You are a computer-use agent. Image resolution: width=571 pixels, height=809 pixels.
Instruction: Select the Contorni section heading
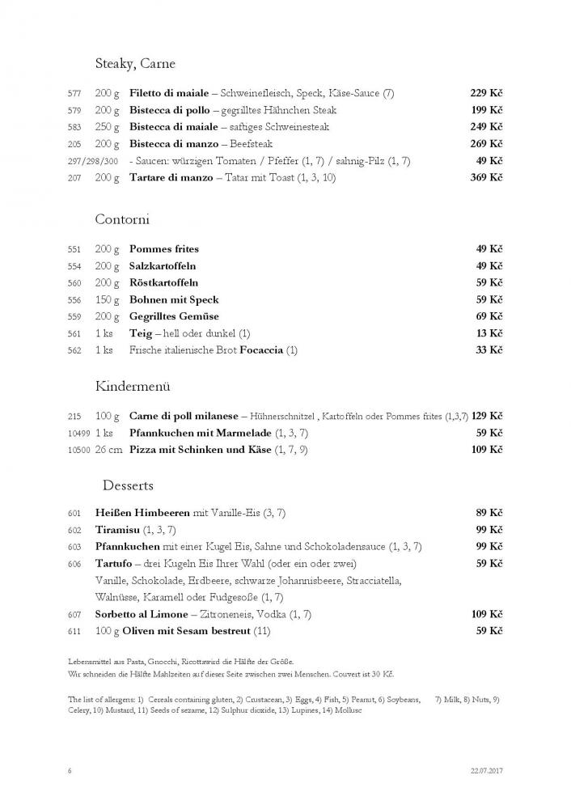pyautogui.click(x=122, y=219)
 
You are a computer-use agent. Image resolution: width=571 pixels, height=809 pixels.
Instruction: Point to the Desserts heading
pyautogui.click(x=129, y=485)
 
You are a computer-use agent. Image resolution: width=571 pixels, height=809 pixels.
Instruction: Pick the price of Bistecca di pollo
pyautogui.click(x=486, y=110)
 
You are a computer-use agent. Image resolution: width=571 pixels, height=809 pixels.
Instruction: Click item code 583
pyautogui.click(x=74, y=128)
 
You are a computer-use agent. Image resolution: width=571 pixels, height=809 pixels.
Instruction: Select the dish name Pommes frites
pyautogui.click(x=164, y=249)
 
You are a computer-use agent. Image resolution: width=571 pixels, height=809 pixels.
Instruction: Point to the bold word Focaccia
pyautogui.click(x=261, y=350)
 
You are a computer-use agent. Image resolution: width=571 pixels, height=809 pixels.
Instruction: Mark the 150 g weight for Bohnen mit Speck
pyautogui.click(x=107, y=300)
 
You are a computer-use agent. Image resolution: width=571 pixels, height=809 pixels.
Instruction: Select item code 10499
pyautogui.click(x=79, y=434)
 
